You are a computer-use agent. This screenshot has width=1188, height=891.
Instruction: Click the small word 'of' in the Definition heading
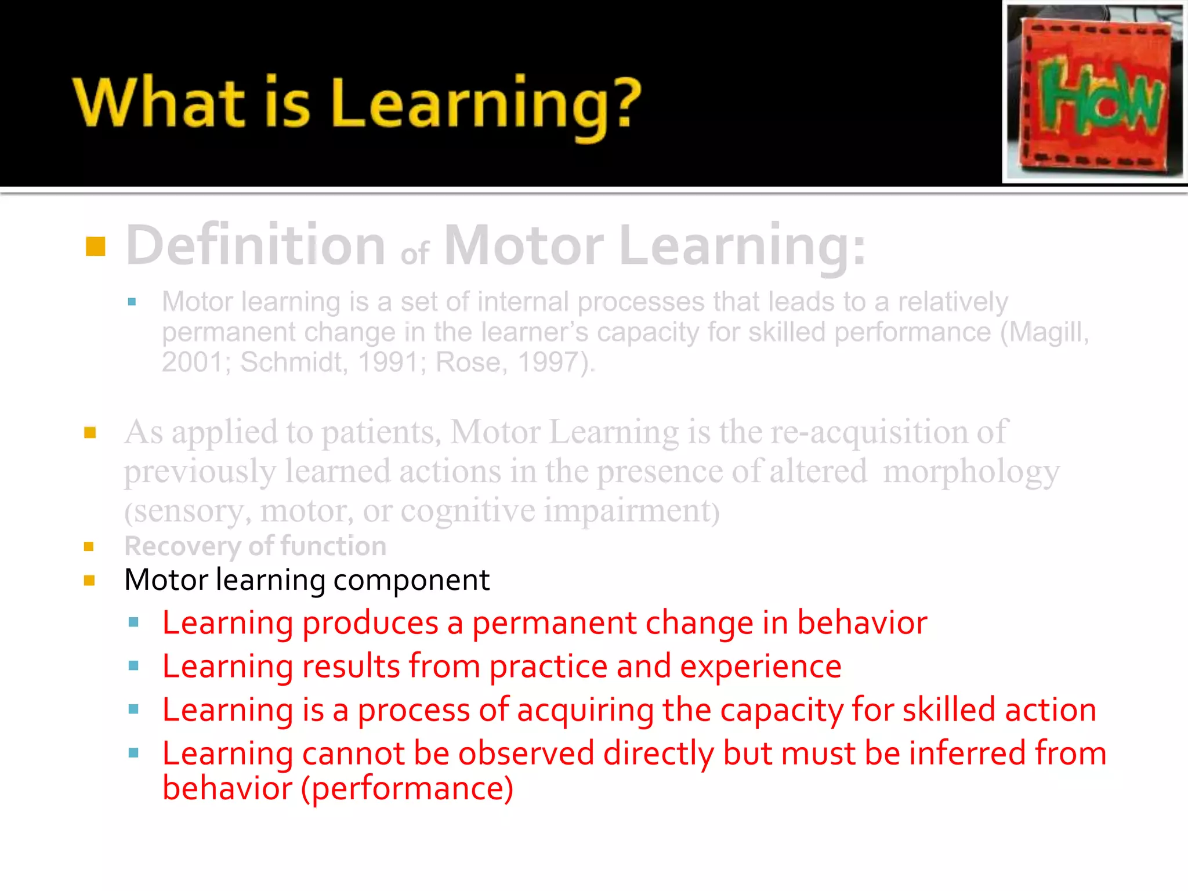(x=415, y=254)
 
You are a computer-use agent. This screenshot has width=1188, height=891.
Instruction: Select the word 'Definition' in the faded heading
(x=256, y=245)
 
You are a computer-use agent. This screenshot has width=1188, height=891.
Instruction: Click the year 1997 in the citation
(x=548, y=363)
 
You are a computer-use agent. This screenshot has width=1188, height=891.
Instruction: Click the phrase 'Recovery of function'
(x=255, y=546)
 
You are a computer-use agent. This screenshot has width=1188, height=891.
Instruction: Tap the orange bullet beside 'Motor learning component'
(x=89, y=581)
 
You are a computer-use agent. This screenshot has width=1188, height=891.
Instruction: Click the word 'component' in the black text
(x=411, y=580)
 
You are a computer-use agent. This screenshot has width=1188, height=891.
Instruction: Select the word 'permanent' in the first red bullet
(x=554, y=623)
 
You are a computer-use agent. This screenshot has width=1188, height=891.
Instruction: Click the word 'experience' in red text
(x=760, y=667)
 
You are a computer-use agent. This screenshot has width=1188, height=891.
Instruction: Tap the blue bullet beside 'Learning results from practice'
(x=133, y=666)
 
